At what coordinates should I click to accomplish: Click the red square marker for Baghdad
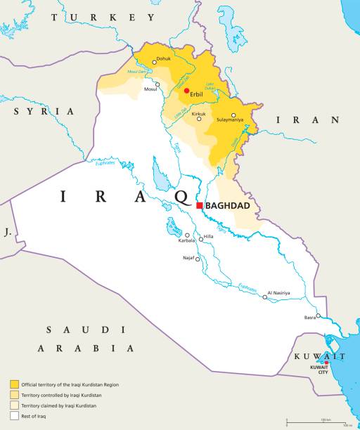(x=200, y=206)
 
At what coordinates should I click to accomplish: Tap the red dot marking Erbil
(x=186, y=91)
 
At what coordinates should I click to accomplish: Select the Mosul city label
(x=150, y=89)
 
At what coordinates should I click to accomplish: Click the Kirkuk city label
(x=199, y=113)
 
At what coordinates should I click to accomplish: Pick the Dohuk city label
(x=163, y=58)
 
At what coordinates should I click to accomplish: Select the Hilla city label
(x=208, y=236)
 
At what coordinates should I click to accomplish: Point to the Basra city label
(x=310, y=317)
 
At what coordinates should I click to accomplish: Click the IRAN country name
(x=306, y=120)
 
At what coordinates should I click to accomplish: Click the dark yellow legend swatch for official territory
(x=14, y=384)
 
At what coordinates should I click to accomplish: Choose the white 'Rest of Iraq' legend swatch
(x=14, y=416)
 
